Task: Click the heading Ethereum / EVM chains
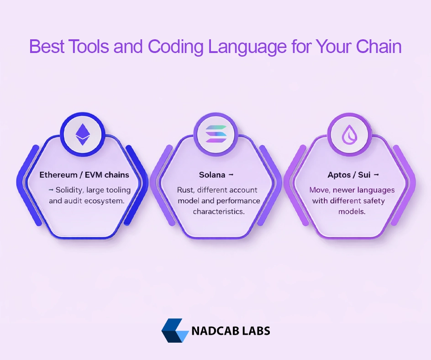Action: pyautogui.click(x=84, y=175)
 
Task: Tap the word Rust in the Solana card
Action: pyautogui.click(x=185, y=190)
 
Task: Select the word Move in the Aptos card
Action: pyautogui.click(x=319, y=190)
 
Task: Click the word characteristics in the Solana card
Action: pyautogui.click(x=219, y=212)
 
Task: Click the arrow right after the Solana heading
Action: pyautogui.click(x=231, y=175)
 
